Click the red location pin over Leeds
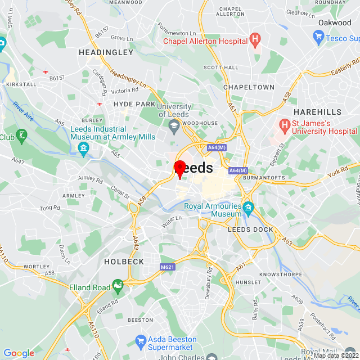(180, 168)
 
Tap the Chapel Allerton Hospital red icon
(255, 40)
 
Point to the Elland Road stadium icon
(118, 287)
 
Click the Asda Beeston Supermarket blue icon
(140, 340)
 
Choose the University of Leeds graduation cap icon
(174, 128)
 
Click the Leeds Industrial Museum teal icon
(83, 148)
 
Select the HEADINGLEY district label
(106, 52)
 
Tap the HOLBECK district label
(124, 262)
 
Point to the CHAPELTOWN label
(249, 87)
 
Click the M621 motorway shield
(166, 267)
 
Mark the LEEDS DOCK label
(250, 229)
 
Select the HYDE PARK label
(134, 104)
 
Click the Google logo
(19, 353)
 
